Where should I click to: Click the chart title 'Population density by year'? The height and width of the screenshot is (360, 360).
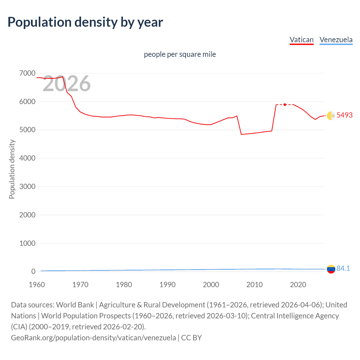[x=85, y=22]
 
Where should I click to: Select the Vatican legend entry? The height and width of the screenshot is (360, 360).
[x=301, y=40]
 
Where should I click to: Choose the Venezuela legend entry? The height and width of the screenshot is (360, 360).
[x=336, y=40]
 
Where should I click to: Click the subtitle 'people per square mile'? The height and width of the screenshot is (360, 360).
[x=180, y=54]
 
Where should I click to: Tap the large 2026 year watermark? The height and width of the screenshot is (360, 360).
[x=67, y=84]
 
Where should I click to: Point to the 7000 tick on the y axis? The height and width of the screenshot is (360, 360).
[x=27, y=73]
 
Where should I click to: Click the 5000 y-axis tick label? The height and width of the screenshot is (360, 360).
[x=27, y=130]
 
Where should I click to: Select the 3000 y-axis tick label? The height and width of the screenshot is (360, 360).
[x=27, y=186]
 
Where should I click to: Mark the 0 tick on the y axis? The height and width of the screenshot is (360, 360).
[x=33, y=271]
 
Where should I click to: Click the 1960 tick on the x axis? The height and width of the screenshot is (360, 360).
[x=37, y=285]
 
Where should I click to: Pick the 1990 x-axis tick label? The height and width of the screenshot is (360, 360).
[x=167, y=285]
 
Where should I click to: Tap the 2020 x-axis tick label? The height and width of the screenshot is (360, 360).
[x=298, y=285]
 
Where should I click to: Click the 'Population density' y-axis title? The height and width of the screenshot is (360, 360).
[x=12, y=169]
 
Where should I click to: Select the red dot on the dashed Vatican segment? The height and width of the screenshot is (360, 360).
[x=285, y=105]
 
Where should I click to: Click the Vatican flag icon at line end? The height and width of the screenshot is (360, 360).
[x=331, y=116]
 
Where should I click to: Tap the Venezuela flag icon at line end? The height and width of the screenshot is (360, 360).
[x=331, y=269]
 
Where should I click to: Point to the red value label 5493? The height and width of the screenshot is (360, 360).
[x=345, y=115]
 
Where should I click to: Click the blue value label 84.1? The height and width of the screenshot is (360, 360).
[x=343, y=269]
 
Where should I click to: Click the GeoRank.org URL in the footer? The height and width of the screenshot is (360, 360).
[x=93, y=337]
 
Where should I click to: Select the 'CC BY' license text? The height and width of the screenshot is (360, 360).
[x=192, y=337]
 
